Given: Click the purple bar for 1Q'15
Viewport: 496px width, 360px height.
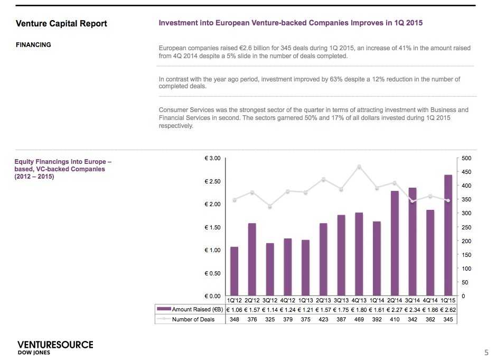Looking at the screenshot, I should [447, 235].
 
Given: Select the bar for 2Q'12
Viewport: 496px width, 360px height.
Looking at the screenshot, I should [252, 259].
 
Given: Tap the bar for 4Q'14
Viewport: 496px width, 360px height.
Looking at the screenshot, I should [430, 253].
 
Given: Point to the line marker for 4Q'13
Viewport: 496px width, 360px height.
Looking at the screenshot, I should [359, 167].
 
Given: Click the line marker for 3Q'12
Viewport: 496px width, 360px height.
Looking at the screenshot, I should [270, 206].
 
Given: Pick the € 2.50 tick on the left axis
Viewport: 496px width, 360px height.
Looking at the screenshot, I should [212, 181].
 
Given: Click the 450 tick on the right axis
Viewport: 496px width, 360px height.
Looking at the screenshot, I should [465, 172].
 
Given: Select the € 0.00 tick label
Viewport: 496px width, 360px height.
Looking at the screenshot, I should [212, 296].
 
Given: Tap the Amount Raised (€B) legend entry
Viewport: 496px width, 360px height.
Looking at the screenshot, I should [190, 309].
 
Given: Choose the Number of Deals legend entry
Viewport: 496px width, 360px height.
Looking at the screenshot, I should [190, 319].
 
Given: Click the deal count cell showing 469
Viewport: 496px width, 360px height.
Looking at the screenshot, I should [359, 319].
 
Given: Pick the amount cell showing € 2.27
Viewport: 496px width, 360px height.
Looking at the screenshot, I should [395, 309].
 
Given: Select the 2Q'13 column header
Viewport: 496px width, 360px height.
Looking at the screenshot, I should [323, 300].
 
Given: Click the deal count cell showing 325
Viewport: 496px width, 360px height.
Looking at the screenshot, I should [270, 319].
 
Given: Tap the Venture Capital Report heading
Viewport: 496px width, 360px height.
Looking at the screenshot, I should [61, 23].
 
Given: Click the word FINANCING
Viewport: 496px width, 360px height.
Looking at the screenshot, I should [33, 45].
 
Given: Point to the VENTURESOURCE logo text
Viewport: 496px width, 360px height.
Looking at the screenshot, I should [55, 345].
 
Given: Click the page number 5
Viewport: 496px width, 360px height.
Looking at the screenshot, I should [486, 352].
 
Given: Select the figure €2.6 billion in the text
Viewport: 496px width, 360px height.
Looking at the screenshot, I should [223, 48].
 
